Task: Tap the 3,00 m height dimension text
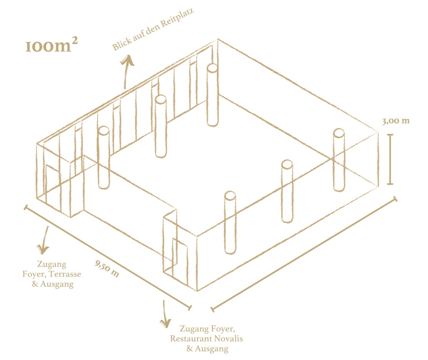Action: click(x=396, y=121)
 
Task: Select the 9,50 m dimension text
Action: click(x=107, y=269)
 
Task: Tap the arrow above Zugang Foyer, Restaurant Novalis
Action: click(x=164, y=314)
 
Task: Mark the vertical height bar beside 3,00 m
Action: click(x=390, y=159)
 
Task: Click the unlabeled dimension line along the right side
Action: click(x=304, y=254)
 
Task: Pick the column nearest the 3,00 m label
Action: click(x=339, y=160)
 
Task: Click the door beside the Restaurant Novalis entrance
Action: click(x=180, y=262)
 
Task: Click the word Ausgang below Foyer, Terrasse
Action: click(x=57, y=284)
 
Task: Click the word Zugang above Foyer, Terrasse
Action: click(x=52, y=264)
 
